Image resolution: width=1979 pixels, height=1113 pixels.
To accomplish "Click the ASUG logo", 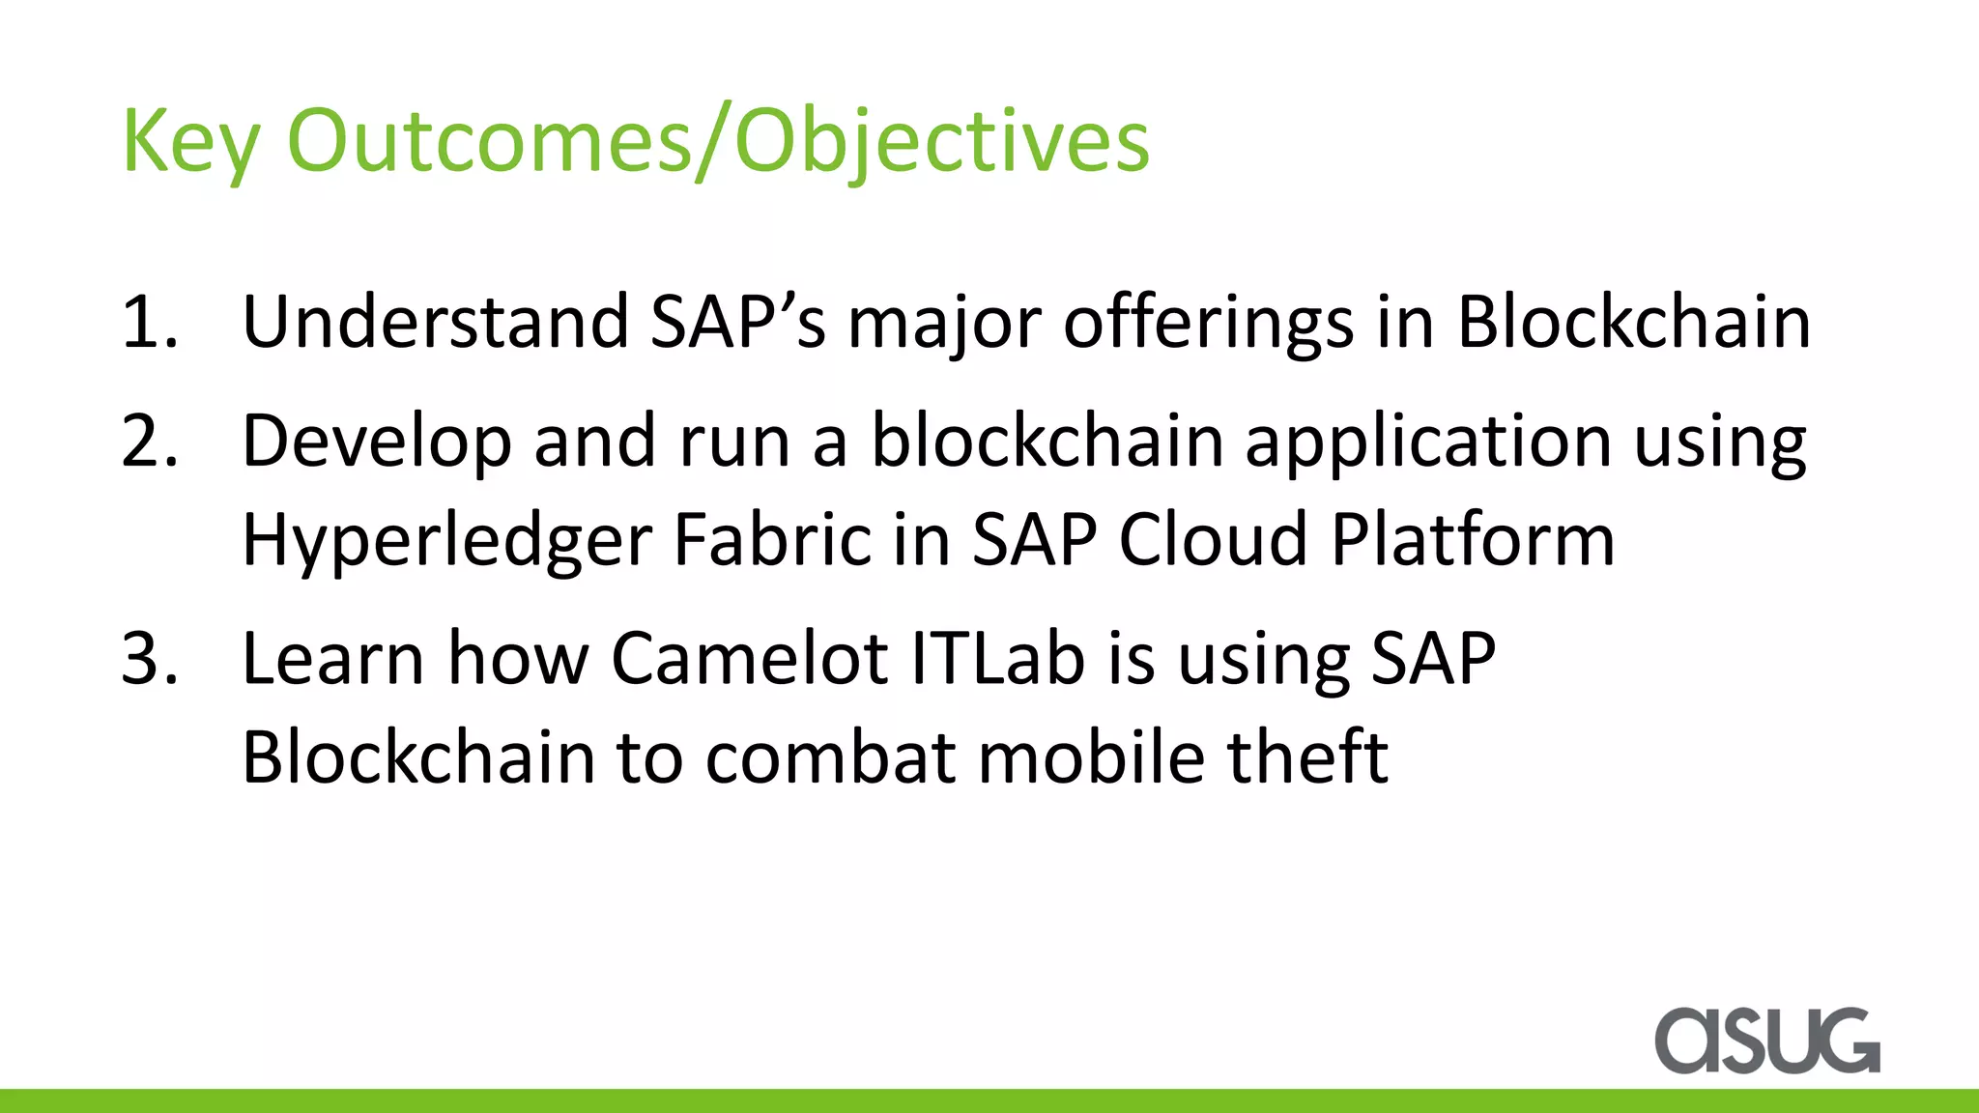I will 1766,1041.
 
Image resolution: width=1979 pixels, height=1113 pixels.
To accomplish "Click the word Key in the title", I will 190,142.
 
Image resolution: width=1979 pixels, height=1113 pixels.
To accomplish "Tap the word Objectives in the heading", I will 942,142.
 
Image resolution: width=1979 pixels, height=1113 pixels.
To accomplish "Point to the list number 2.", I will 150,442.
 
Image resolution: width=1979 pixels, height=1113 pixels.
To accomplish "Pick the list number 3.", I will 150,659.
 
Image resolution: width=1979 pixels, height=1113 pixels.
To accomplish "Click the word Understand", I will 435,322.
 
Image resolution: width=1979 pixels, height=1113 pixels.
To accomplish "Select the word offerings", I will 1208,322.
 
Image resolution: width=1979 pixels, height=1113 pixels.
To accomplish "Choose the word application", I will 1428,442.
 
